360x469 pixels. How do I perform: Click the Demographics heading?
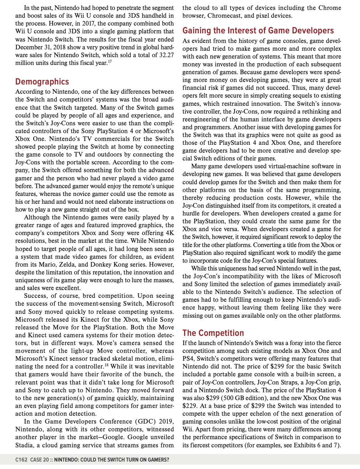pyautogui.click(x=42, y=82)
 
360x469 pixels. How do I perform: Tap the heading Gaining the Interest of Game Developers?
pyautogui.click(x=258, y=31)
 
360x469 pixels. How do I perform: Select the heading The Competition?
pyautogui.click(x=213, y=333)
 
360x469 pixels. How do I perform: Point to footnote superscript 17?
pyautogui.click(x=110, y=61)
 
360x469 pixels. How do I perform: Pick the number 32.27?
pyautogui.click(x=165, y=55)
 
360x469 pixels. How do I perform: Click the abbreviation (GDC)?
pyautogui.click(x=146, y=421)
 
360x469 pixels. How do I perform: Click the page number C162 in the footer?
pyautogui.click(x=21, y=460)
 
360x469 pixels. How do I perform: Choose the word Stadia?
pyautogui.click(x=24, y=445)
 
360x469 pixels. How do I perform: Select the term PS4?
pyautogui.click(x=188, y=359)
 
